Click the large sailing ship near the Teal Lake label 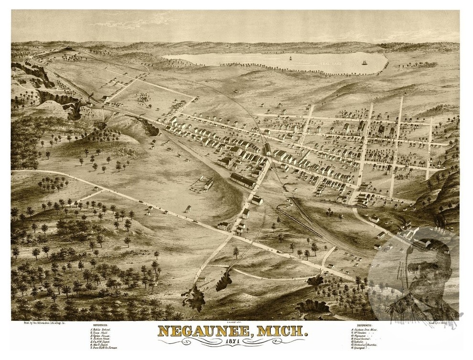pyautogui.click(x=365, y=62)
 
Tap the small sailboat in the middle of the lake pyautogui.click(x=290, y=58)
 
